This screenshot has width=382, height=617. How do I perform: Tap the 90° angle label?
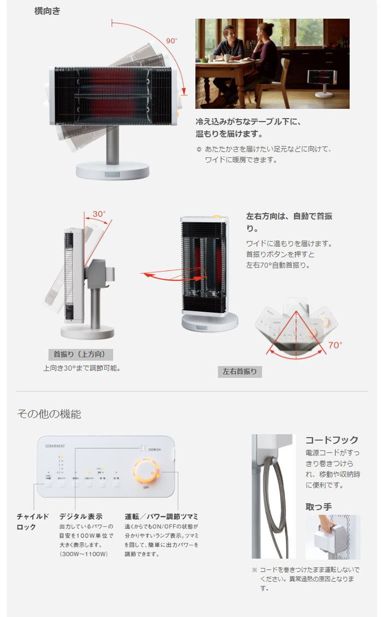[x=172, y=40]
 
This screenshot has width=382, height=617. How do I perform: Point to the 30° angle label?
[x=98, y=213]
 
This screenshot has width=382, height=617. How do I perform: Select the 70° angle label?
[x=335, y=345]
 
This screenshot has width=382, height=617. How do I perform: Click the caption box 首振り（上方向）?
[x=80, y=354]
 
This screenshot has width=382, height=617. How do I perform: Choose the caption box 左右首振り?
[x=240, y=372]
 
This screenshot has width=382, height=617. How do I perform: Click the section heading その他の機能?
[x=49, y=414]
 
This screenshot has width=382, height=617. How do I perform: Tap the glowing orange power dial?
[x=146, y=471]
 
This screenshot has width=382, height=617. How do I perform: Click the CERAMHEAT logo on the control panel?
[x=55, y=446]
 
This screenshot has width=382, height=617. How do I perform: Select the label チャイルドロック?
[x=33, y=521]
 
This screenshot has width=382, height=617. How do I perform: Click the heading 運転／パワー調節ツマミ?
[x=161, y=516]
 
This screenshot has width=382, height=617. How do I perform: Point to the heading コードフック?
[x=331, y=440]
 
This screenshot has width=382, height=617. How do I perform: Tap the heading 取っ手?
[x=318, y=507]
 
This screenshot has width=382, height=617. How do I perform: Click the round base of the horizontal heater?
[x=112, y=170]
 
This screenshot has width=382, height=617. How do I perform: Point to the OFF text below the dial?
[x=146, y=487]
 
